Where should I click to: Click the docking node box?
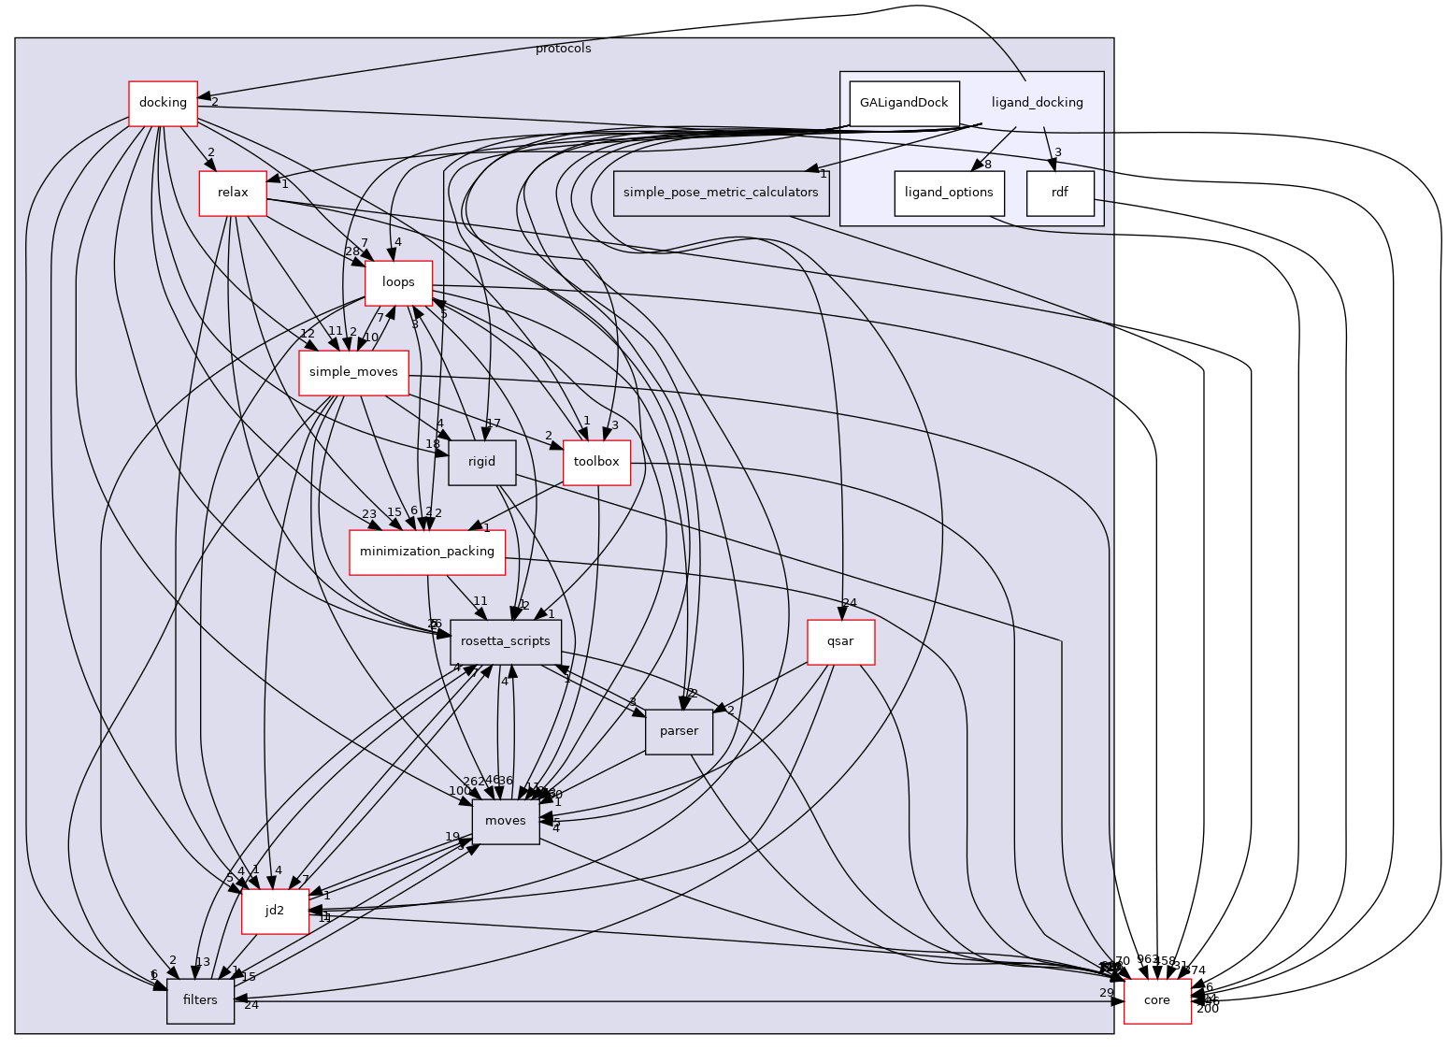click(x=163, y=103)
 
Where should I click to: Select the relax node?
click(x=233, y=193)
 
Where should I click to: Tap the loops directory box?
click(x=398, y=282)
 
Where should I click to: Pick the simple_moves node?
click(x=353, y=372)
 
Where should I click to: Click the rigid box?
click(x=481, y=462)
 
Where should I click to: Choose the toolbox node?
click(x=596, y=462)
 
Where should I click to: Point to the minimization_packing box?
click(x=427, y=552)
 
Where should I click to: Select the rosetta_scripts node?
click(x=506, y=641)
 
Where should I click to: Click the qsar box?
click(x=841, y=641)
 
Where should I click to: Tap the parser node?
click(x=679, y=731)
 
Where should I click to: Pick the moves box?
click(x=506, y=821)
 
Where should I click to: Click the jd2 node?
click(x=275, y=911)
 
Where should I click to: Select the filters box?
click(x=200, y=1000)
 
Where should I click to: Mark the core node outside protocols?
click(x=1157, y=1000)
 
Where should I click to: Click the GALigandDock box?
click(x=904, y=103)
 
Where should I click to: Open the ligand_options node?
click(x=949, y=193)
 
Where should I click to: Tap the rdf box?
click(x=1060, y=193)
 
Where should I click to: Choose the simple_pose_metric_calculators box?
click(x=721, y=193)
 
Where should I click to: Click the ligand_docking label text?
click(x=1038, y=103)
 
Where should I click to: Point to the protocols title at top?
click(x=563, y=49)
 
